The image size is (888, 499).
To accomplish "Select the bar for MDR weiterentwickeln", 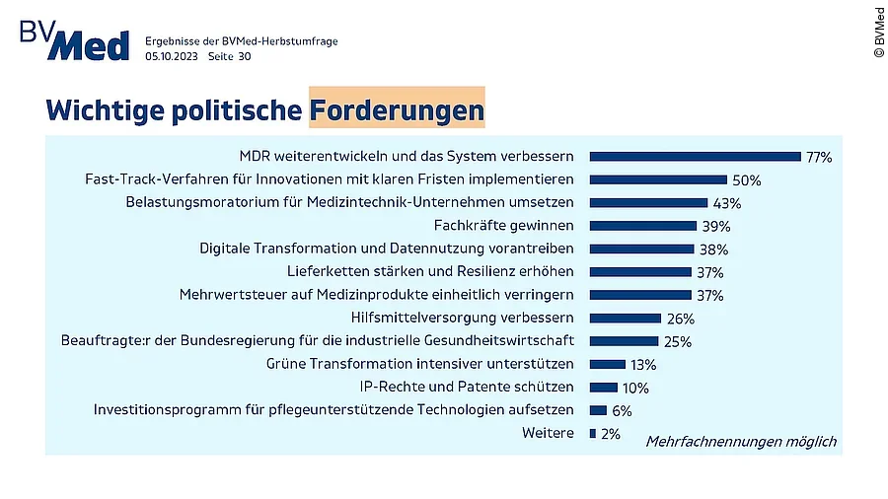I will click(x=695, y=156).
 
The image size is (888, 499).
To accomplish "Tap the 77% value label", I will click(x=819, y=157).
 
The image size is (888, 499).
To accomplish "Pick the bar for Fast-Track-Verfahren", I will click(x=658, y=179).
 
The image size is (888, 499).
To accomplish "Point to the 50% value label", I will click(x=747, y=180).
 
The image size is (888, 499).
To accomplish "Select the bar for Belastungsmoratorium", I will click(x=648, y=202).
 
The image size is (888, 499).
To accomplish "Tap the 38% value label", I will click(x=713, y=249).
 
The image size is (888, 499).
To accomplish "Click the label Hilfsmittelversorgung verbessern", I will click(x=462, y=318).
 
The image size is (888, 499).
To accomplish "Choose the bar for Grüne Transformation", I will click(x=607, y=364).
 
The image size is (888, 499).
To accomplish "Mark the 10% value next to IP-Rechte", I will click(x=635, y=388).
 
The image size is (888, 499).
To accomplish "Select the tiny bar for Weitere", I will click(x=592, y=433).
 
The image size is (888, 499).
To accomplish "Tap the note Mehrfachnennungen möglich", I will click(x=740, y=441).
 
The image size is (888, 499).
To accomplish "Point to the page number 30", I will click(x=244, y=57).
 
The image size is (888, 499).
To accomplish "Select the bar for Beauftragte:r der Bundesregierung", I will click(x=624, y=341).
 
